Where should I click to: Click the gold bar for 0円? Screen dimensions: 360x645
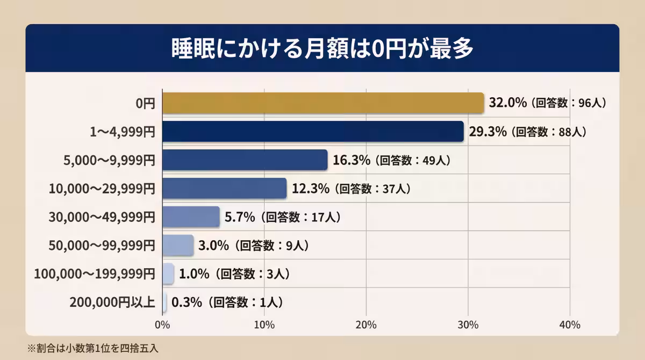(x=322, y=103)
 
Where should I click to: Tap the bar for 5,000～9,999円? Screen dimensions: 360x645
(x=245, y=160)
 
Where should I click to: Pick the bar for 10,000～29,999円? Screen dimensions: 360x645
(x=224, y=189)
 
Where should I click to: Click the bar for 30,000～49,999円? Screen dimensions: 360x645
(x=191, y=217)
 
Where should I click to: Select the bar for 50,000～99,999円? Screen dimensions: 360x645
(x=177, y=245)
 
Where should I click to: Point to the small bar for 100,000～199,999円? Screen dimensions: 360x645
(x=168, y=273)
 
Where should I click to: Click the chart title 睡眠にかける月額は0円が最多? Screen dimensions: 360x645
(x=322, y=48)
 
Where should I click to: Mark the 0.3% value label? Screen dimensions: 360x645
(x=187, y=303)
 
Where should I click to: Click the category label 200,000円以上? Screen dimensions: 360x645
(x=112, y=303)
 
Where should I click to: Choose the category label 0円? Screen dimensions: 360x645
(x=145, y=103)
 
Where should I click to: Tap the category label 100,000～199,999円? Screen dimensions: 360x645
(x=95, y=274)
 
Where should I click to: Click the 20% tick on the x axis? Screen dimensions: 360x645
(x=366, y=325)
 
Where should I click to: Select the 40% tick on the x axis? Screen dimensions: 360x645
(x=570, y=325)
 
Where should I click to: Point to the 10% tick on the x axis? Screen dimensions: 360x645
(x=264, y=325)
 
